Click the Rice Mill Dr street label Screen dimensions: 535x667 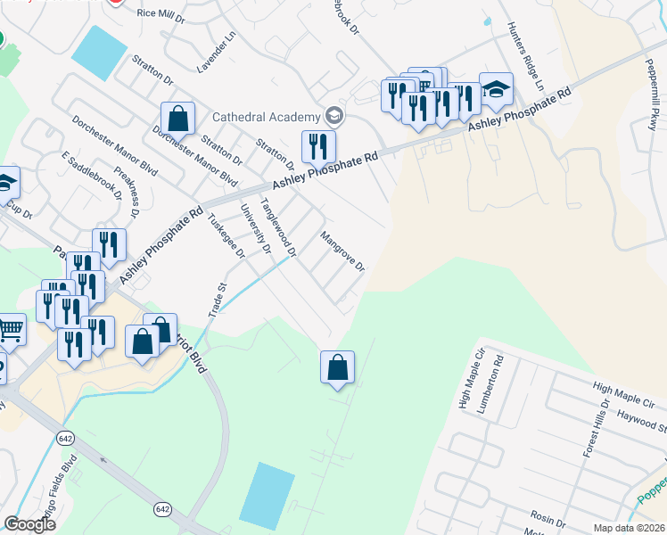pos(160,12)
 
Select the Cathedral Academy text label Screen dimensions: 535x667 pos(265,117)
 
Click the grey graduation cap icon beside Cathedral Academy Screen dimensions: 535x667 pos(334,115)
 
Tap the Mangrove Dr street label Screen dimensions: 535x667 pos(342,252)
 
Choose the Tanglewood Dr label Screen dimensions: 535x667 pos(277,228)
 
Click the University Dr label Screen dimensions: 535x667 pos(255,228)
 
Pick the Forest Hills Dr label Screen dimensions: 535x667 pos(596,429)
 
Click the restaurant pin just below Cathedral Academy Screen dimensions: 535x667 pos(318,146)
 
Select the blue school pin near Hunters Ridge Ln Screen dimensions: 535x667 pos(497,90)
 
